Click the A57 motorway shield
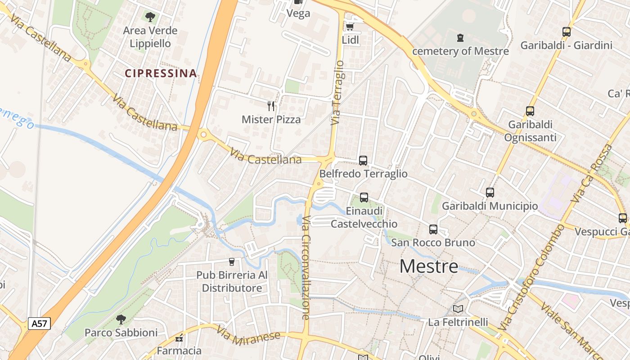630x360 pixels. pos(39,323)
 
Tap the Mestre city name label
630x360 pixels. pos(429,266)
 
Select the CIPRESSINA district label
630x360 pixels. pos(161,73)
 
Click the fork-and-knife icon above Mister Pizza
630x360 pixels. pos(271,106)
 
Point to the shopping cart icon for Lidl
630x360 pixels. pos(350,27)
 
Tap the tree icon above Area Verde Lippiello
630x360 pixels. pos(150,17)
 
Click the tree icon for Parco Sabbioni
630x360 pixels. pos(121,319)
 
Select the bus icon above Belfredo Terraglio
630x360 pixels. pos(363,160)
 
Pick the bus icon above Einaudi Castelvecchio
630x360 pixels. pos(364,197)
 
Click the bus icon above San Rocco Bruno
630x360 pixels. pos(433,229)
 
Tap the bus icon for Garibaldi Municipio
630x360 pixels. pos(490,193)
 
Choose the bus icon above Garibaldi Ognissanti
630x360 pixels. pos(530,111)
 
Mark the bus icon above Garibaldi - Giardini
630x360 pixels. pos(567,32)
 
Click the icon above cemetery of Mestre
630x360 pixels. pos(460,38)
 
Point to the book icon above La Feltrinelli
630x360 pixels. pos(458,309)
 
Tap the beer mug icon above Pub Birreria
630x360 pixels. pos(232,261)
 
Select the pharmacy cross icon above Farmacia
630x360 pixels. pos(179,338)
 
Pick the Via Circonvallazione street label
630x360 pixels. pos(306,268)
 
